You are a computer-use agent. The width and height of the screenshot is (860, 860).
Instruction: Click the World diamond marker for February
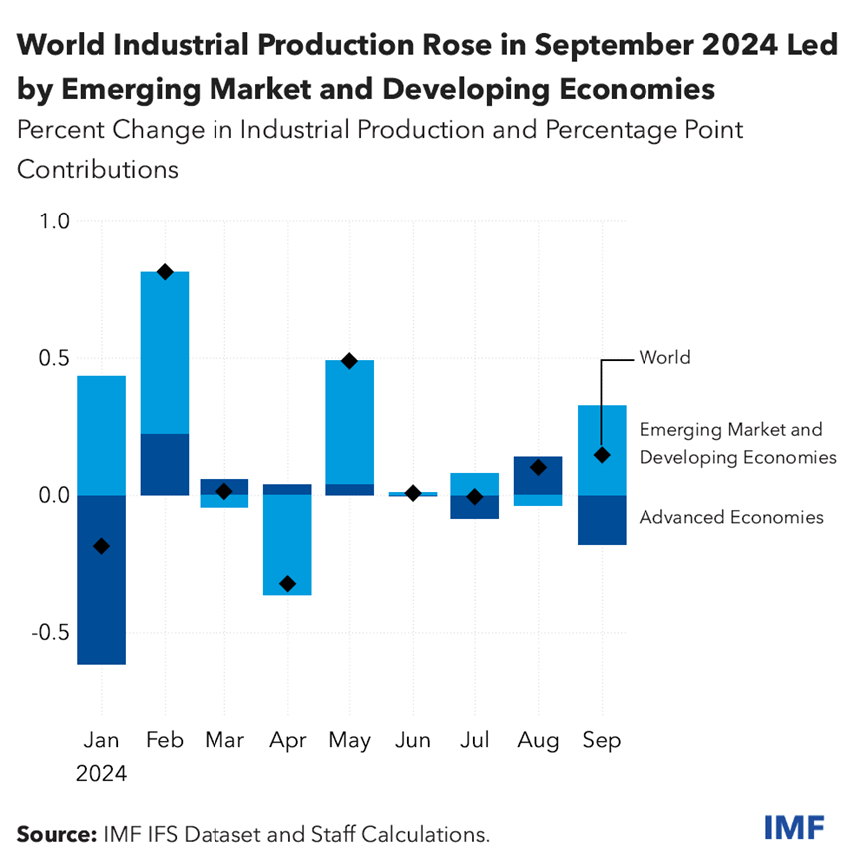[165, 272]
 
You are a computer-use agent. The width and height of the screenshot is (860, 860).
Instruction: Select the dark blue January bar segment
[101, 599]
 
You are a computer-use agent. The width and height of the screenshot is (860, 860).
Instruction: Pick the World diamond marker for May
[349, 361]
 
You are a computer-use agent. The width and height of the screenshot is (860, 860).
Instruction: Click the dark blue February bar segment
[165, 464]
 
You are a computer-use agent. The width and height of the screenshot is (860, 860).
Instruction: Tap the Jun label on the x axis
[413, 740]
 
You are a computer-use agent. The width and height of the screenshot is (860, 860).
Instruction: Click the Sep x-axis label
[602, 740]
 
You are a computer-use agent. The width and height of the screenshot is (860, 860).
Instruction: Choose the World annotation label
[665, 357]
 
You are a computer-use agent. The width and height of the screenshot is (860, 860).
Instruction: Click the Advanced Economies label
[731, 517]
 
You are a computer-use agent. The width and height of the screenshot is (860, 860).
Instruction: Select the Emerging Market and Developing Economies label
[736, 443]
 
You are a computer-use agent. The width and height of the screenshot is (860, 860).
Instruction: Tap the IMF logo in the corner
[794, 827]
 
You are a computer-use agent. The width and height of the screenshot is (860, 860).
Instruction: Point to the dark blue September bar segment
[602, 520]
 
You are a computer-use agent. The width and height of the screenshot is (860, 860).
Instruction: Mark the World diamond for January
[101, 546]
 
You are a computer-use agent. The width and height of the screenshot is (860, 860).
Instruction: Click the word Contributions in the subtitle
[98, 169]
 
